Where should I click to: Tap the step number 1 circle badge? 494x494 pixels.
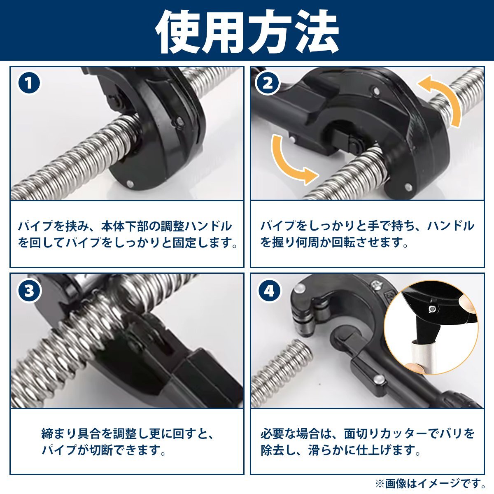coord(29,83)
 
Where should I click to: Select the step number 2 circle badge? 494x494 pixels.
coord(268,83)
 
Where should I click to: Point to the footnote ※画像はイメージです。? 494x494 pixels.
coord(430,484)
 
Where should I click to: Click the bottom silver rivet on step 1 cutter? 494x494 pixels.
coord(130,184)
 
